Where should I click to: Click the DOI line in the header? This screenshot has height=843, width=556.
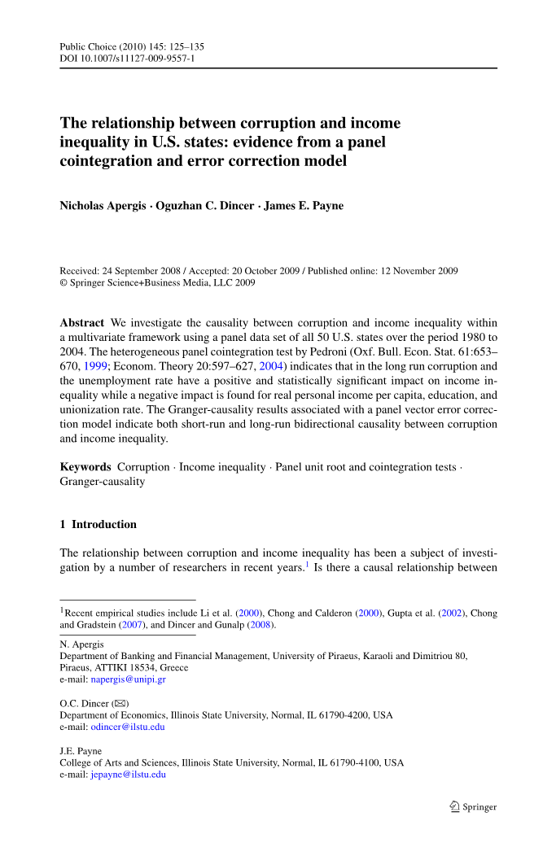[x=127, y=59]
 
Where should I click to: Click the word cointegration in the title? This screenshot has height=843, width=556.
[x=103, y=160]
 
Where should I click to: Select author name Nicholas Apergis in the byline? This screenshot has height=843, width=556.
[x=104, y=206]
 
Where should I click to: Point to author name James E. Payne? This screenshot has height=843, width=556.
[x=304, y=206]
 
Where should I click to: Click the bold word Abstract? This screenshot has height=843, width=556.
[x=81, y=323]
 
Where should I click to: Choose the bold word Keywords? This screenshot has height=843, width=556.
[x=85, y=467]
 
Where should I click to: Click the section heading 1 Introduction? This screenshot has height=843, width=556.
[x=99, y=525]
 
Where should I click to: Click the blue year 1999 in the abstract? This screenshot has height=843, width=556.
[x=97, y=367]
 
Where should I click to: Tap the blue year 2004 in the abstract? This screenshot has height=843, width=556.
[x=270, y=367]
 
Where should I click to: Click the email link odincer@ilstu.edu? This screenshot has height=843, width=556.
[x=127, y=727]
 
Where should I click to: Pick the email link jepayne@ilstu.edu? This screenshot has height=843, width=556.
[x=128, y=775]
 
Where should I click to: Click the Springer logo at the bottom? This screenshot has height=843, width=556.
[x=473, y=807]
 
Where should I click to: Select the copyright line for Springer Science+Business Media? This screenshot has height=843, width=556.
[x=158, y=283]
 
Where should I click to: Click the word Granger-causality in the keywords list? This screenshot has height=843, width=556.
[x=103, y=482]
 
